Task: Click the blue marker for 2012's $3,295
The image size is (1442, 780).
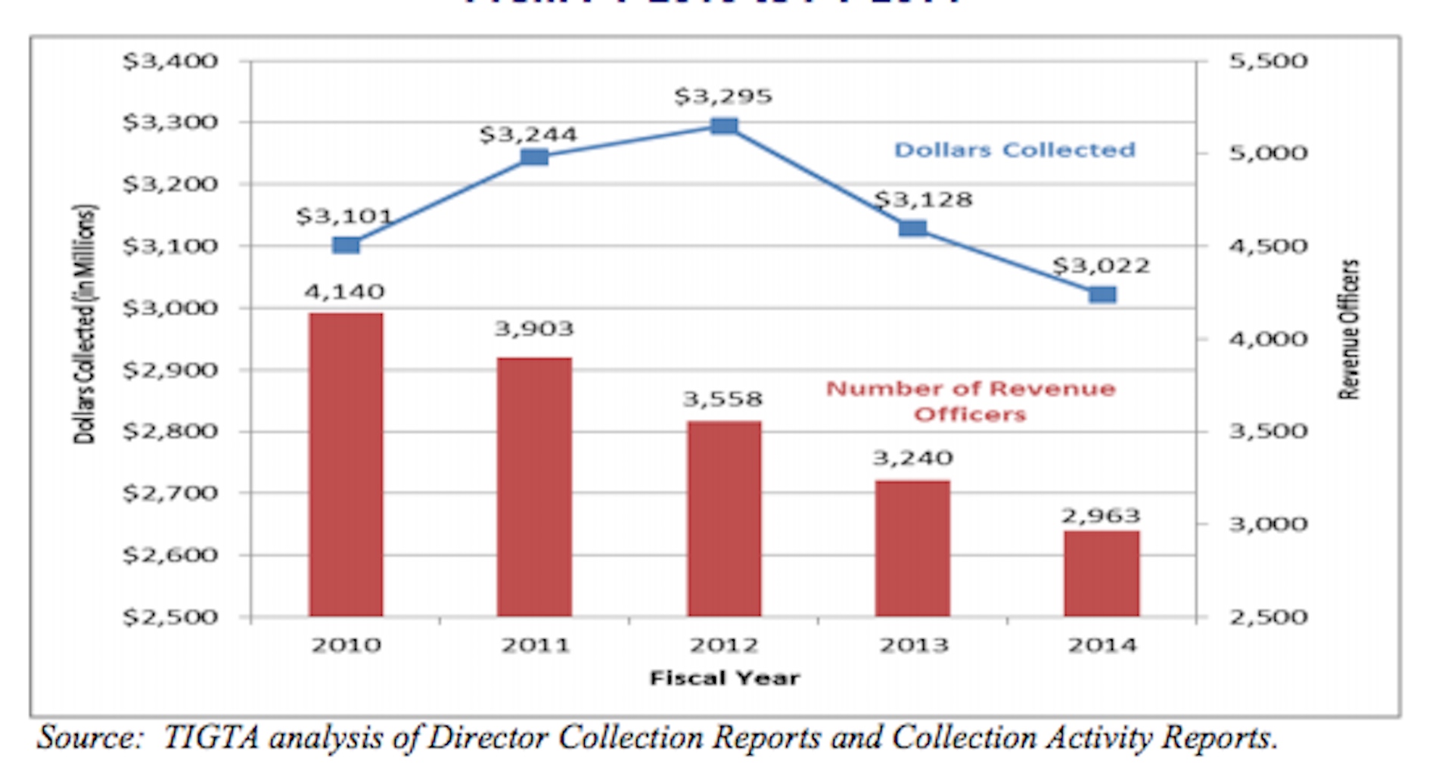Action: [x=724, y=126]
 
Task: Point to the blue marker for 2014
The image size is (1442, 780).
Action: [x=1102, y=294]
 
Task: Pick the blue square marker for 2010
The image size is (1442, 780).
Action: [x=346, y=245]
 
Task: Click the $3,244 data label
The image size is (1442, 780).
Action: [x=528, y=135]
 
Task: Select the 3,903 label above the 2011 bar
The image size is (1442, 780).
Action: [x=534, y=328]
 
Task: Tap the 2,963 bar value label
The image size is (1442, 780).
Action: [x=1101, y=516]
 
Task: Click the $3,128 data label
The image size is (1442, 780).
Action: [x=923, y=200]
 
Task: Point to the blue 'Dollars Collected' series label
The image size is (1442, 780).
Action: [x=1015, y=150]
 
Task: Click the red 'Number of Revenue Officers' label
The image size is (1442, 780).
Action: [x=971, y=401]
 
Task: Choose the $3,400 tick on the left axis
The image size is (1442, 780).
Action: [x=170, y=61]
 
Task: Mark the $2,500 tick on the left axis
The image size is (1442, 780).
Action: [x=170, y=617]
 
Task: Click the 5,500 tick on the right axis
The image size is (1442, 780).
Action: [x=1268, y=61]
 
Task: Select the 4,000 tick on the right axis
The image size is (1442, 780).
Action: [x=1268, y=339]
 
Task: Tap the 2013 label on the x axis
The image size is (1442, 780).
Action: [x=913, y=645]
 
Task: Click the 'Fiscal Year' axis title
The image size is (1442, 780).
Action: [x=724, y=678]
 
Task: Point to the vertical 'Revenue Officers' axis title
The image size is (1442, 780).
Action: [x=1349, y=329]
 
